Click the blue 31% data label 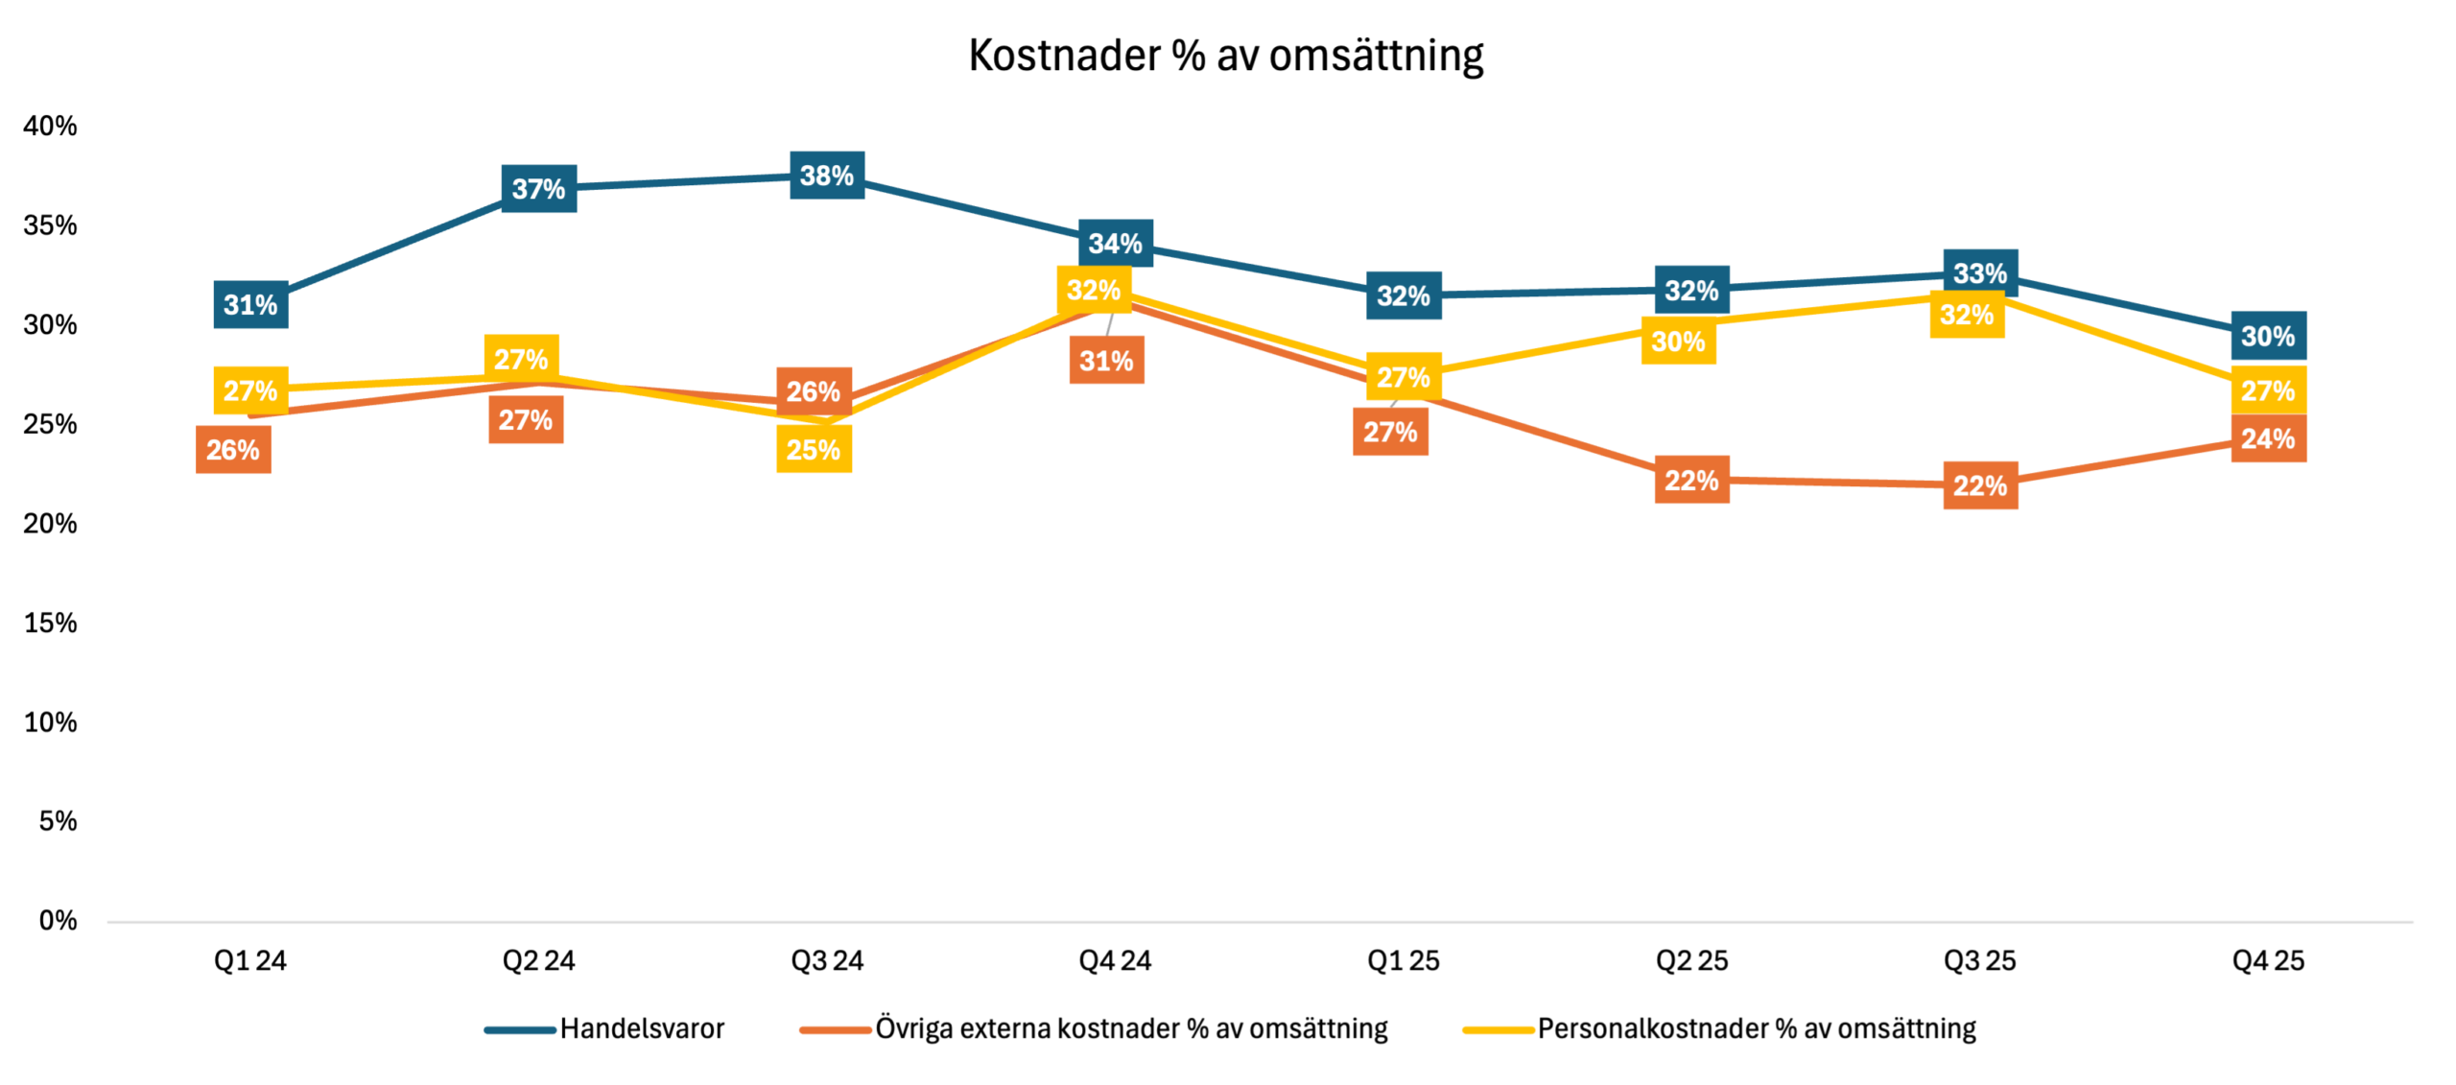point(250,305)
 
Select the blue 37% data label point(538,189)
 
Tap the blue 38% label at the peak point(827,176)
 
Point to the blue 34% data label point(1115,244)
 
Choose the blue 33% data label point(1980,273)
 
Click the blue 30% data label point(2268,336)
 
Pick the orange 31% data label point(1106,361)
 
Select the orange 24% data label point(2268,439)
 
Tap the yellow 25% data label point(814,449)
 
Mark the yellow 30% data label point(1678,342)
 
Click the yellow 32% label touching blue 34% point(1094,290)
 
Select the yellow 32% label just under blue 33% point(1967,315)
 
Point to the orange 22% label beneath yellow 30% point(1691,480)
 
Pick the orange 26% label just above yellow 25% point(814,391)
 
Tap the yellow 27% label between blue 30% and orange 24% point(2268,390)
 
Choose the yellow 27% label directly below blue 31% point(250,390)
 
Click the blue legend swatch point(520,1030)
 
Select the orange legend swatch point(836,1030)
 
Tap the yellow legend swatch point(1499,1030)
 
